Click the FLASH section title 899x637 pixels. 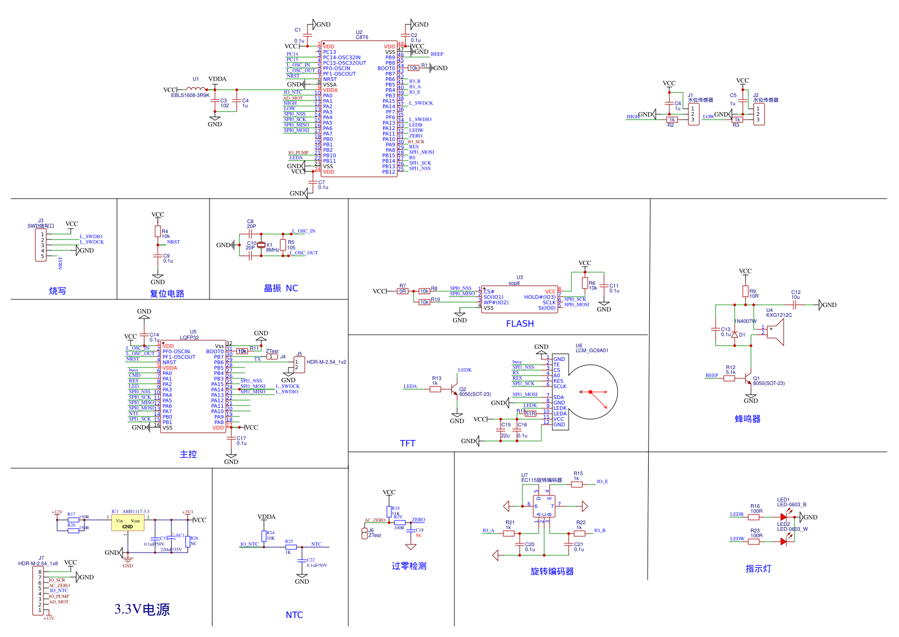point(520,324)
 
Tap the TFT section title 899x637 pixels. point(408,444)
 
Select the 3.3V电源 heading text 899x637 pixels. point(142,609)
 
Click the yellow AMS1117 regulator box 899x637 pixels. point(127,523)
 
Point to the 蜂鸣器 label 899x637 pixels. point(748,419)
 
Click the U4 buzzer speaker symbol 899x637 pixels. point(775,332)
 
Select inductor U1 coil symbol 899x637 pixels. point(196,89)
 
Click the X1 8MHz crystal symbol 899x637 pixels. point(261,245)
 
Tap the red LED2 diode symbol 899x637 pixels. point(784,541)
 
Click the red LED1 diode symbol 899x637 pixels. point(784,517)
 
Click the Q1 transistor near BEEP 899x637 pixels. point(748,378)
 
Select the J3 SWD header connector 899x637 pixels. point(41,246)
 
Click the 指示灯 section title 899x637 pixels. point(758,569)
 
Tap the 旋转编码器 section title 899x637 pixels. point(552,572)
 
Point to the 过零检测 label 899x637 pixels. point(409,566)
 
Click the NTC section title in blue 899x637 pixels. point(294,615)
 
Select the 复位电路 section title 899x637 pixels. point(167,294)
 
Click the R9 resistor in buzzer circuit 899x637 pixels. point(746,292)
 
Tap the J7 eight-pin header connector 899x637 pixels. point(39,591)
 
